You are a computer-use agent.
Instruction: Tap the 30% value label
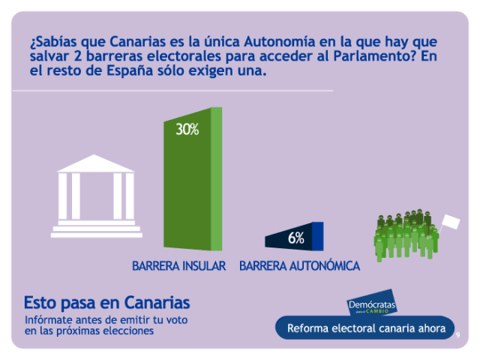(x=187, y=130)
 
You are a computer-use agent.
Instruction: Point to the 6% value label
(x=295, y=238)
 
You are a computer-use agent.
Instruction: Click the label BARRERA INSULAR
(x=178, y=266)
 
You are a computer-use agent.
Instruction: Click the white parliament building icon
(x=96, y=195)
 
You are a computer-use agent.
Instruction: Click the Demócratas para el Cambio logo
(x=372, y=306)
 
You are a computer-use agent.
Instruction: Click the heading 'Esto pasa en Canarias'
(x=106, y=303)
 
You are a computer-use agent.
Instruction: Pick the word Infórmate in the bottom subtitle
(x=49, y=321)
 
